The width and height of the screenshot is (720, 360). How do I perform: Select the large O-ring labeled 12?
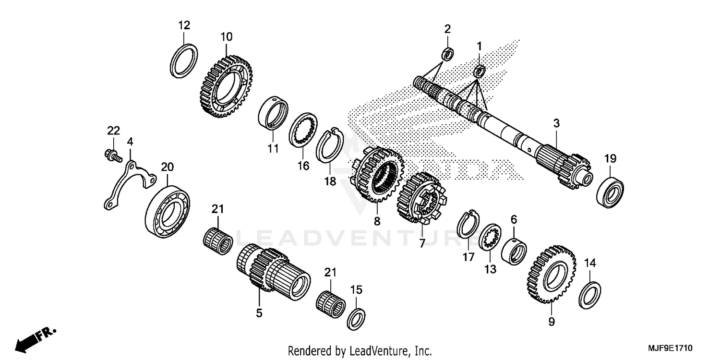tap(184, 60)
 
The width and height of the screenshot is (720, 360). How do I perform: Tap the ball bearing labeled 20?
tap(168, 209)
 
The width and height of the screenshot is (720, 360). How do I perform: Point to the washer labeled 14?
tap(590, 294)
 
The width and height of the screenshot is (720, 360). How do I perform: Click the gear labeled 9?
tap(551, 274)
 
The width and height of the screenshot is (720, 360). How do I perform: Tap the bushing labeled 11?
tap(273, 114)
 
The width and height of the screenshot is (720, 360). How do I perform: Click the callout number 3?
tap(556, 123)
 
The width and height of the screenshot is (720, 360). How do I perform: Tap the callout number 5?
tap(259, 313)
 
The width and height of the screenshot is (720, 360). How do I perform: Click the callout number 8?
tap(377, 221)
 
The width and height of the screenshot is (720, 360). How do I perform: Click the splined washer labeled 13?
tap(491, 237)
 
